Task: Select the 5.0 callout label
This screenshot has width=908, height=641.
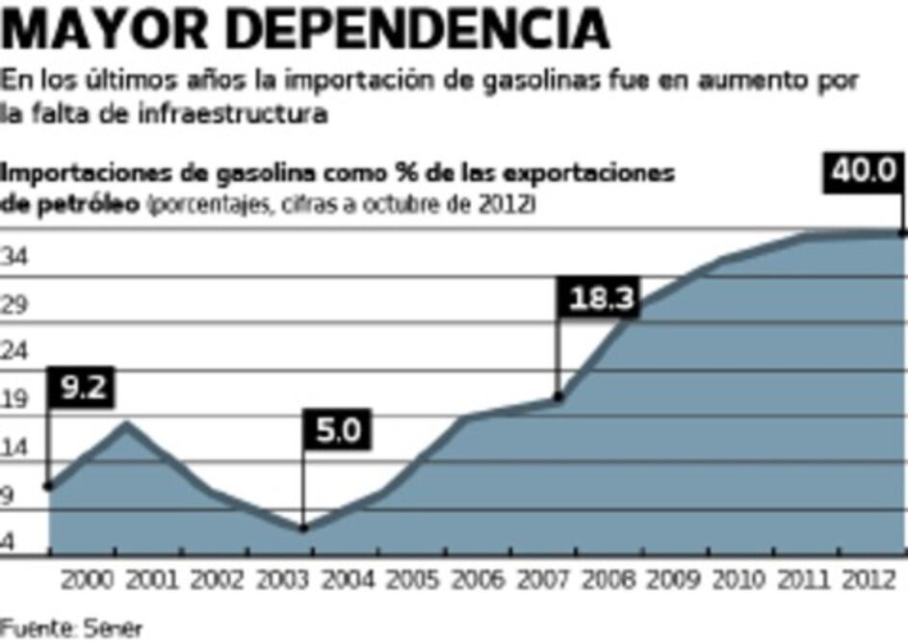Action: coord(338,429)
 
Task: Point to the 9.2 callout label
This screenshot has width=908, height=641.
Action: coord(82,387)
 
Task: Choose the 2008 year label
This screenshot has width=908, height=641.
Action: coord(607,581)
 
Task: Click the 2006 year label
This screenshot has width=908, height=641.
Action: coord(476,581)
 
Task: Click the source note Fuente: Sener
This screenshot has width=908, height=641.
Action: coord(71,628)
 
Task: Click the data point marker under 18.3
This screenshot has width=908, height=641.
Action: coord(558,397)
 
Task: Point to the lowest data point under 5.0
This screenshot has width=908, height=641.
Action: coord(302,527)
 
